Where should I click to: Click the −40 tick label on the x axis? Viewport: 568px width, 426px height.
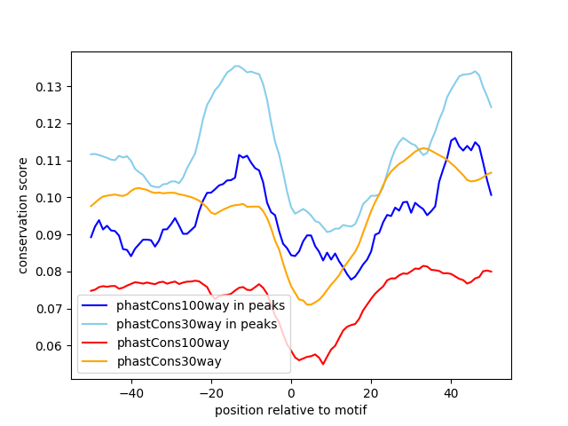130,392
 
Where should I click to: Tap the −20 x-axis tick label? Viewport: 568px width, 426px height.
210,392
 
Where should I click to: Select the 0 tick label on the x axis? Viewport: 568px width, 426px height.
291,392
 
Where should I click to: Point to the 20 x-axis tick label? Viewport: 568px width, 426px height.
371,392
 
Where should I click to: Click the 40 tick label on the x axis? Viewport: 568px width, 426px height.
451,392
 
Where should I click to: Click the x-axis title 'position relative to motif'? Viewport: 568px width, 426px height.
291,410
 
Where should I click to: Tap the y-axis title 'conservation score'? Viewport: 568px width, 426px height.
23,215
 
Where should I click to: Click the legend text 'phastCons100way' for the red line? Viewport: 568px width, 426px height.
181,343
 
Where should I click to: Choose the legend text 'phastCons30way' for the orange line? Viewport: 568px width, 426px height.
177,361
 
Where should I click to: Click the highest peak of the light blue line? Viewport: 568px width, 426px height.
237,66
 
